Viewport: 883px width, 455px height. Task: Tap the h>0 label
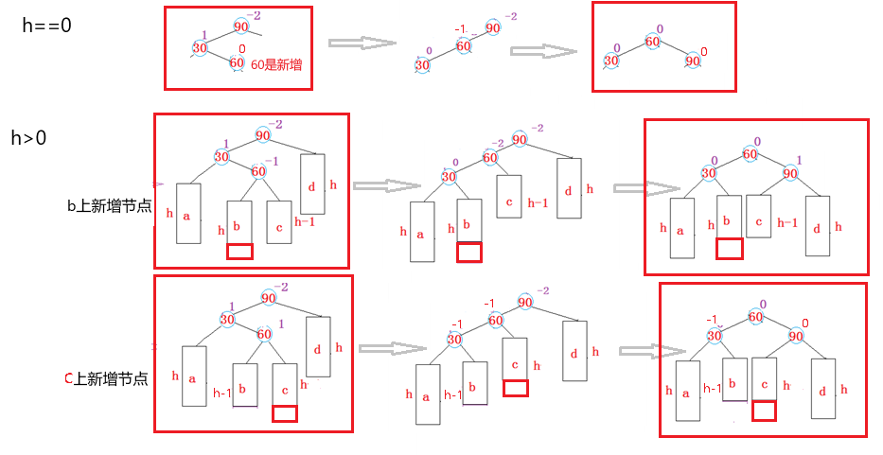click(28, 139)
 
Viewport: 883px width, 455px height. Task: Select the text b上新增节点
click(109, 205)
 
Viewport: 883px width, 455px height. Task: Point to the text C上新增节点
click(105, 378)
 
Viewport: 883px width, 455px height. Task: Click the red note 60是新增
click(276, 63)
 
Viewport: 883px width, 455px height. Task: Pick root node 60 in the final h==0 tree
click(652, 41)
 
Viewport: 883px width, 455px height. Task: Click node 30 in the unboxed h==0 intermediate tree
click(422, 63)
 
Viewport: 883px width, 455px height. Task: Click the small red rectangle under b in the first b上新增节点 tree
click(239, 252)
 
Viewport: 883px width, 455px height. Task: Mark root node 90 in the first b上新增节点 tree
click(262, 136)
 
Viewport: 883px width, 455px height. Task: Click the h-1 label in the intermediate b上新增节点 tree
click(538, 201)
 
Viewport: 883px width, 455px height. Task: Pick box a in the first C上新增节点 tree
click(193, 376)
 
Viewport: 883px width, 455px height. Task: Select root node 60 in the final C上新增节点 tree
click(754, 318)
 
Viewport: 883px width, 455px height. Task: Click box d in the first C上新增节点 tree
click(318, 348)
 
